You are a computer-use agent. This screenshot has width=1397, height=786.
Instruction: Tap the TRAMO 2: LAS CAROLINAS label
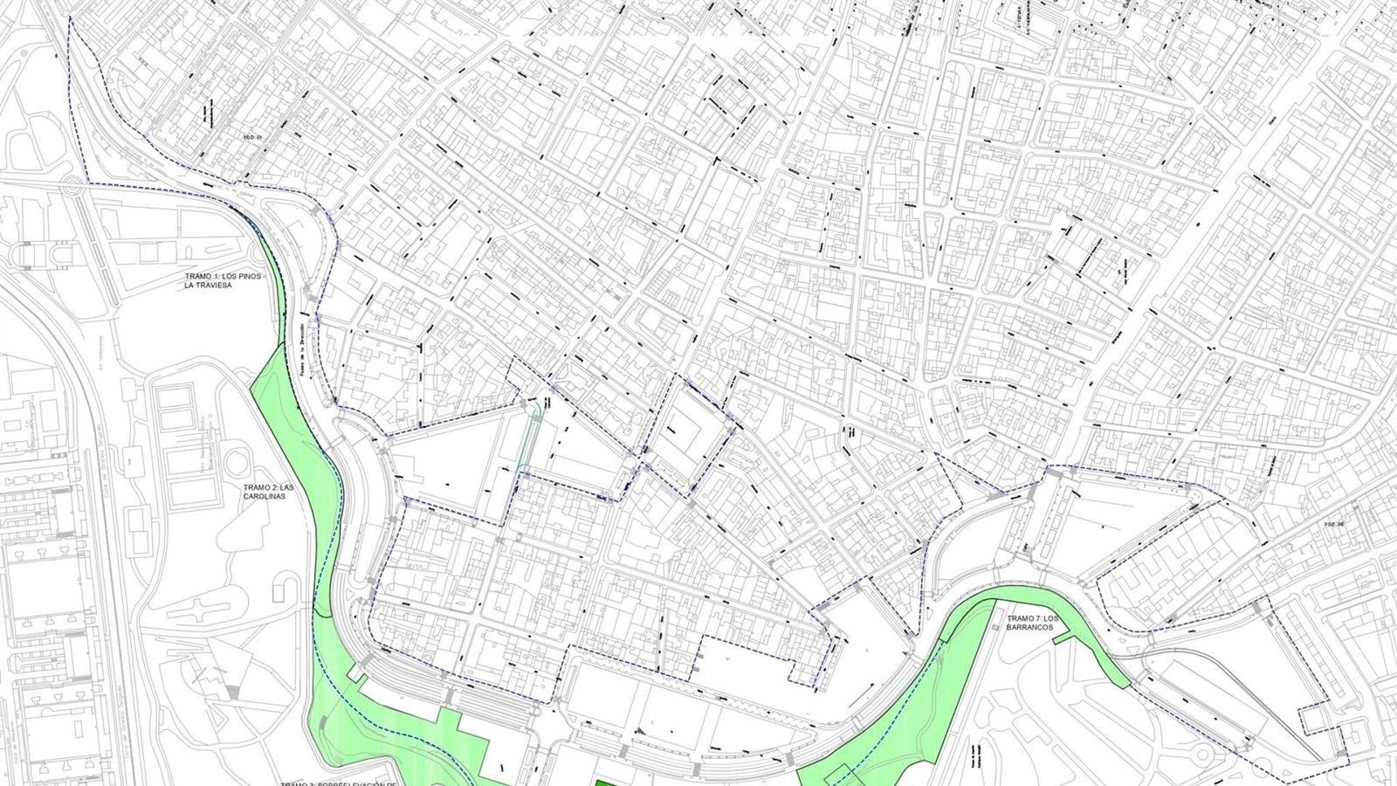pos(265,490)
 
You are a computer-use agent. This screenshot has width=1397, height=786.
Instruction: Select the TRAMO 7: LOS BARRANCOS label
pos(1024,621)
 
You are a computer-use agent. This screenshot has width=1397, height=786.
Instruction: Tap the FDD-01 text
pos(252,136)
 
